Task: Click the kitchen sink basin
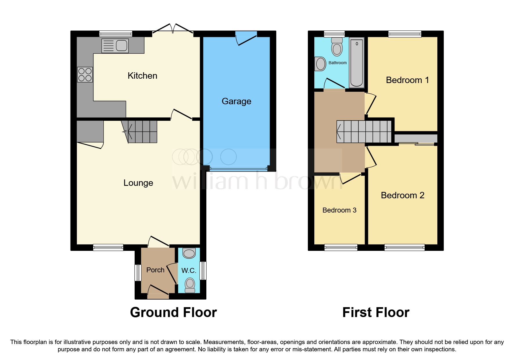click(122, 46)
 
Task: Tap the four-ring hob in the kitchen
click(85, 74)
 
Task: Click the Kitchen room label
click(142, 76)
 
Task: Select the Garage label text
click(236, 101)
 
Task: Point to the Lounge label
click(138, 183)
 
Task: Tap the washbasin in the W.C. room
click(189, 253)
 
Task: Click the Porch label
click(155, 270)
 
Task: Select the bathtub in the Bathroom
click(357, 63)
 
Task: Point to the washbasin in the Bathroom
click(320, 64)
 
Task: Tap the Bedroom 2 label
click(403, 195)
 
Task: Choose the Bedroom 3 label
click(339, 210)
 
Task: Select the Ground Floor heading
click(173, 313)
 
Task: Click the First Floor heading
click(376, 313)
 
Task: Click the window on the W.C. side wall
click(203, 271)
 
